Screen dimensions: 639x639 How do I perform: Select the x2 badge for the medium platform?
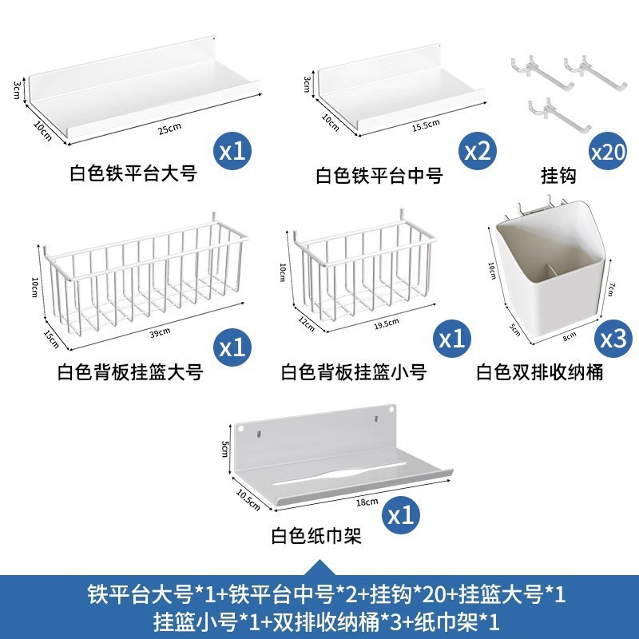(x=477, y=149)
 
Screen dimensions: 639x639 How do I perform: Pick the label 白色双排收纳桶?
(x=539, y=372)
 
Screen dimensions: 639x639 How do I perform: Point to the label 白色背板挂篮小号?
(x=354, y=372)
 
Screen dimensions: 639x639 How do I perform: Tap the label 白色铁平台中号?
(x=379, y=175)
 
